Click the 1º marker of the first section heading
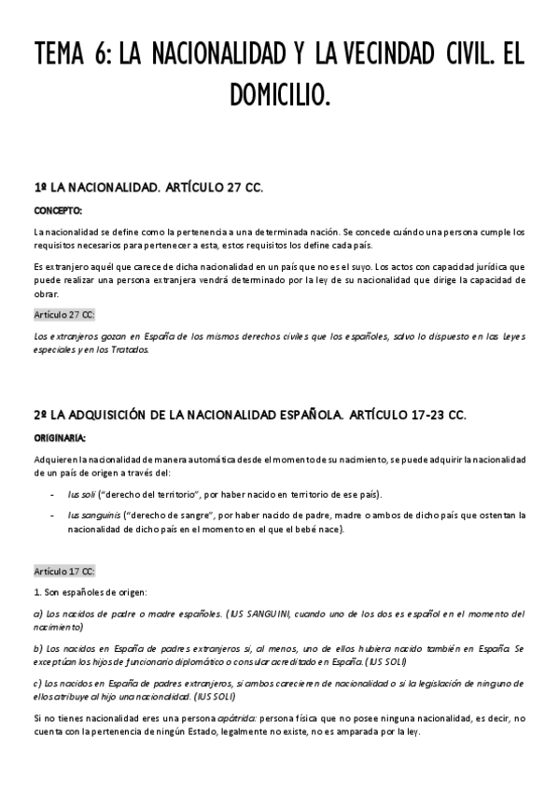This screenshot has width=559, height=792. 40,188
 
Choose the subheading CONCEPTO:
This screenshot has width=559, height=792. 58,210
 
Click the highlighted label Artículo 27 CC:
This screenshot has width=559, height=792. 63,315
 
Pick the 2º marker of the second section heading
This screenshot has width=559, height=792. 40,413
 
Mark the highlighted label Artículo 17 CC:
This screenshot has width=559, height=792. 63,571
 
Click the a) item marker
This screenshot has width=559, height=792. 38,614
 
